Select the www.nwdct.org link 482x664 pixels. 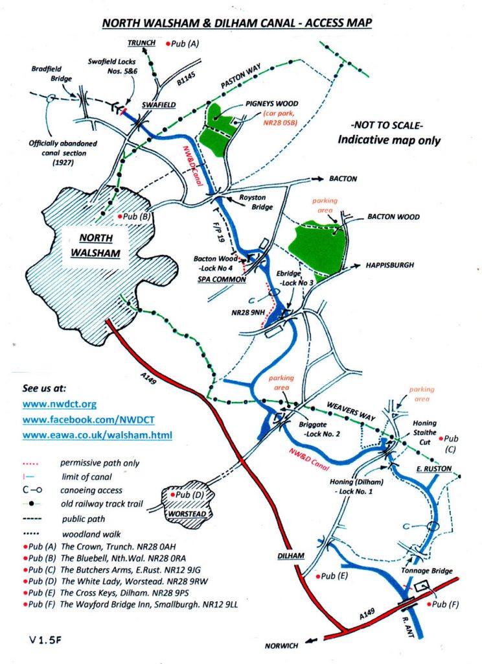(x=59, y=404)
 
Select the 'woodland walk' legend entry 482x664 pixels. (x=87, y=530)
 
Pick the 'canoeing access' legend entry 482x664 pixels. (x=90, y=490)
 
